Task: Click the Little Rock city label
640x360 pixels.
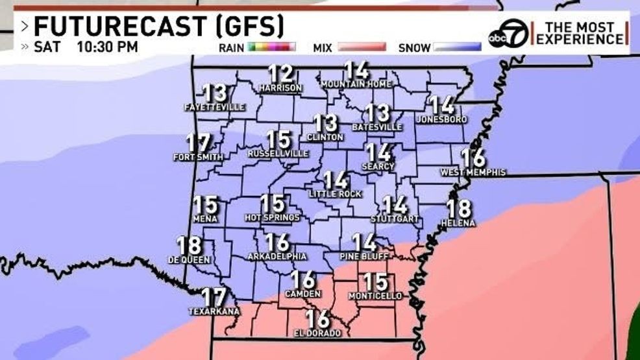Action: coord(335,194)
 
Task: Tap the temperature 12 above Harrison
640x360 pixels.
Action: coord(280,74)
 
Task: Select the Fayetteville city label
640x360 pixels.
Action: coord(214,106)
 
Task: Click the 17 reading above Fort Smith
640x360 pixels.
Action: coord(199,143)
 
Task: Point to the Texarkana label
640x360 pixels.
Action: coord(214,311)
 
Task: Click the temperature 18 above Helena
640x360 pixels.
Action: coord(458,209)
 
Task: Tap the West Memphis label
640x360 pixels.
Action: coord(473,173)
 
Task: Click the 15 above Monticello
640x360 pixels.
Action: coord(375,282)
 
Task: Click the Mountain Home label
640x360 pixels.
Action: coord(356,84)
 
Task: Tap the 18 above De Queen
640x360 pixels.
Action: coord(189,245)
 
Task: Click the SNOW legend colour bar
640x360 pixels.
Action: coord(458,47)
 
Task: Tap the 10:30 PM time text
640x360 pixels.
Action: coord(107,47)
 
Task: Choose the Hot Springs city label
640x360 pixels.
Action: coord(272,218)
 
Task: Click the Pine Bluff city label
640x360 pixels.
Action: coord(364,257)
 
